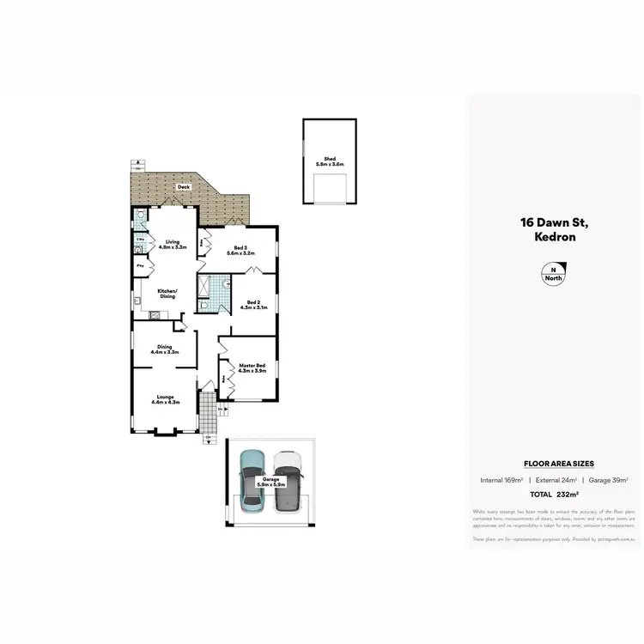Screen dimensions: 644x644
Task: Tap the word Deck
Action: tap(183, 187)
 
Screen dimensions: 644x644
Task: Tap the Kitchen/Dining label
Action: tap(167, 294)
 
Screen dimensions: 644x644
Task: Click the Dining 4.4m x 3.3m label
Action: tap(164, 349)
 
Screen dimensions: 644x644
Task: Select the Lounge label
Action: tap(164, 399)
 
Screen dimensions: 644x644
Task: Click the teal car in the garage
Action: tap(252, 482)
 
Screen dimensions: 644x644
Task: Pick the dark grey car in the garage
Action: tap(289, 482)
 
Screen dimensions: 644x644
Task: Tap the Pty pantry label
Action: tap(140, 266)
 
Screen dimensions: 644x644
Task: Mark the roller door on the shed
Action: tap(329, 189)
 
